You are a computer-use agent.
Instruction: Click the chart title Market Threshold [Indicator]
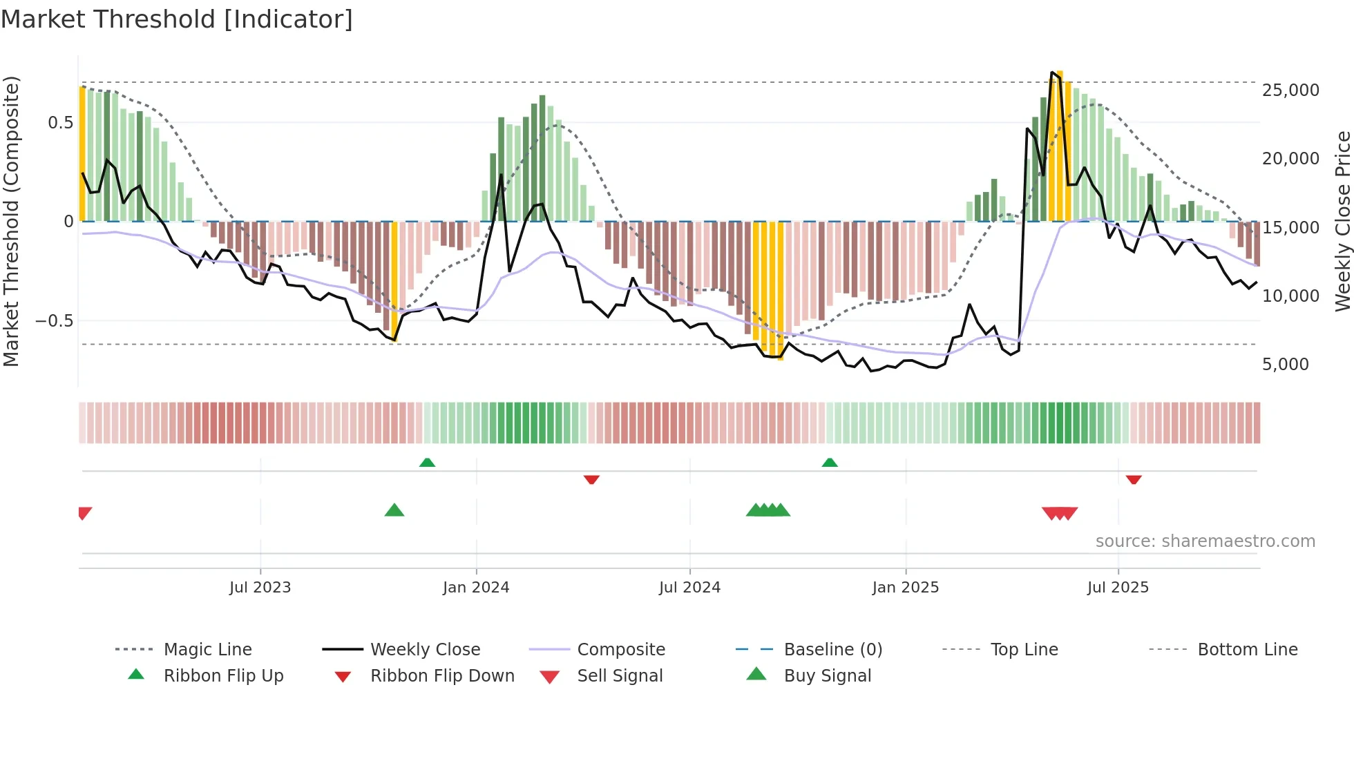pos(177,19)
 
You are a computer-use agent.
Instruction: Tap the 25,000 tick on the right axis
pos(1290,90)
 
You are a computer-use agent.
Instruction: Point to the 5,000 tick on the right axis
pos(1285,365)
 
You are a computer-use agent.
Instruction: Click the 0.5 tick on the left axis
pos(60,123)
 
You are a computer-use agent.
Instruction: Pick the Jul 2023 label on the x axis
pos(260,588)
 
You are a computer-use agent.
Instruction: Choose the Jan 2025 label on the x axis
pos(905,588)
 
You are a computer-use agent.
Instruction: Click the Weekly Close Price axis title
pos(1342,221)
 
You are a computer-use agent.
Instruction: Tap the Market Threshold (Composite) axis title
pos(11,221)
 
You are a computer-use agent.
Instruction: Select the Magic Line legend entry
pos(207,650)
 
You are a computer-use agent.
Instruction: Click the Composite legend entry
pos(620,650)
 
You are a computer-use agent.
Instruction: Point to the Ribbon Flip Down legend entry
pos(442,676)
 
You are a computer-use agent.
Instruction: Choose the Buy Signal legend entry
pos(827,676)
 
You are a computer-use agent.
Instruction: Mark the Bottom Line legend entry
pos(1247,650)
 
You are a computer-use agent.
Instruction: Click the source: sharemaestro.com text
pos(1205,541)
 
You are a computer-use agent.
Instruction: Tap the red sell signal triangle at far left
pos(84,512)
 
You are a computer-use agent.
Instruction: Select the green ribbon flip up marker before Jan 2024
pos(427,463)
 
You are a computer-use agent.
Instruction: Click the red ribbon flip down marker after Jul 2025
pos(1133,479)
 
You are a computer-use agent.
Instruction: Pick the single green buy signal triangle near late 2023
pos(394,510)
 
